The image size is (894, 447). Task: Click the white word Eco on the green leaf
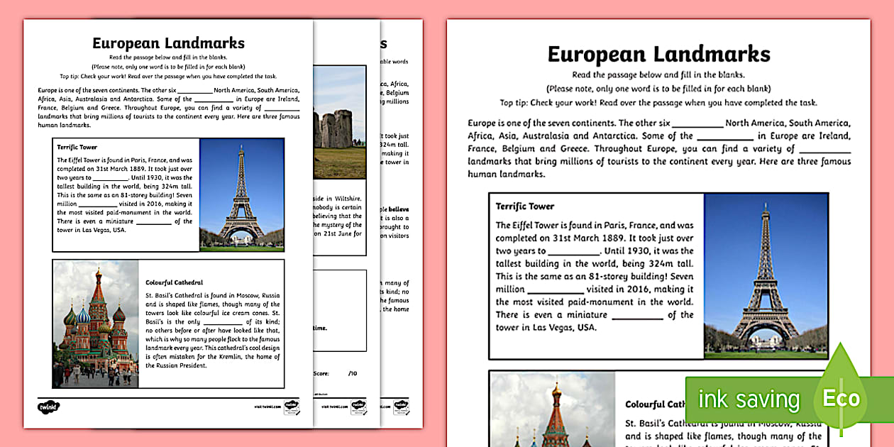[841, 398]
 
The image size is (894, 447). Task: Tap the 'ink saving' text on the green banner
[749, 399]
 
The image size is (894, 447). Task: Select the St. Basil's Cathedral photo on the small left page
[95, 324]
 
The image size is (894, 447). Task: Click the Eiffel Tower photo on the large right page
[766, 275]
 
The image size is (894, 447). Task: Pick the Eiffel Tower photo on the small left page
[242, 194]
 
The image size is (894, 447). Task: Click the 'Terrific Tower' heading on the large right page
[525, 206]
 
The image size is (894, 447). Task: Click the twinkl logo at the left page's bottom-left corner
[48, 407]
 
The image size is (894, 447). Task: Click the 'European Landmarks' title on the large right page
[658, 54]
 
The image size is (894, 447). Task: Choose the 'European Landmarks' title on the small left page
[168, 43]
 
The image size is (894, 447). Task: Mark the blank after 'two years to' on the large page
[574, 251]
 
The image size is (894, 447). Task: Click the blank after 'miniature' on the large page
[636, 315]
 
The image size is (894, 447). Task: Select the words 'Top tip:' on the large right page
[517, 103]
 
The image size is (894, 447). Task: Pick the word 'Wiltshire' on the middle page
[347, 199]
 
